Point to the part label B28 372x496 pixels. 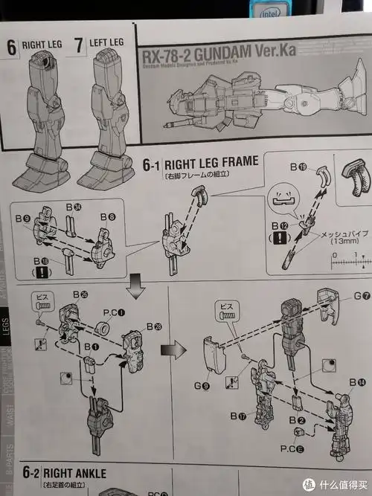tap(153, 326)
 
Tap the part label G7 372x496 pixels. tap(360, 296)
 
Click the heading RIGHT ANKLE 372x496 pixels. tap(74, 474)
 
